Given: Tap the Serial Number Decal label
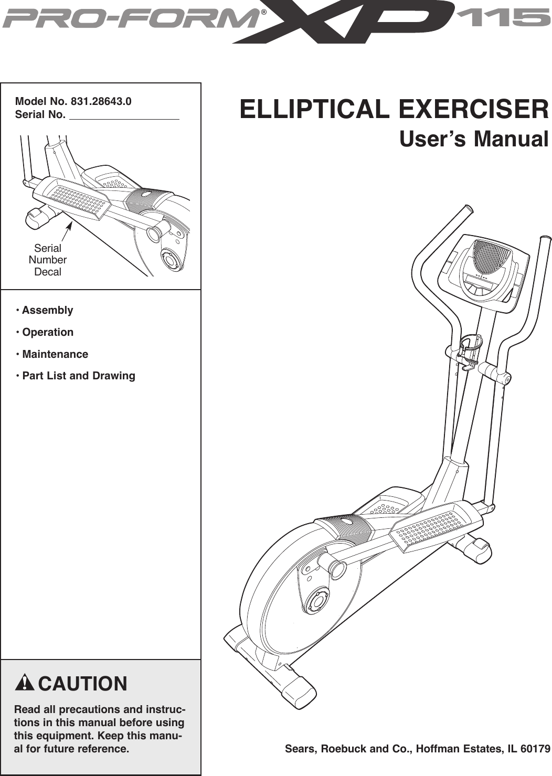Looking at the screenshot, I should click(x=48, y=260).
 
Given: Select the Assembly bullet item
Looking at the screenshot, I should click(x=47, y=310).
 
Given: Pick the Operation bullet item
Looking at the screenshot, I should click(x=47, y=332).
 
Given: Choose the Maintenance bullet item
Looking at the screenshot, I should click(x=55, y=354).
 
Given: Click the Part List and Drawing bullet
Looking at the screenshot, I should click(x=78, y=376).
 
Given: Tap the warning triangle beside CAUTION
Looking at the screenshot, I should click(x=25, y=683).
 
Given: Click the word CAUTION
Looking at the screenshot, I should click(x=82, y=684).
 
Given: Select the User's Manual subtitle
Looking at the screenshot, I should click(x=474, y=140).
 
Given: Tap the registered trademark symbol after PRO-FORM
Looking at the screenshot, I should click(x=264, y=13).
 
